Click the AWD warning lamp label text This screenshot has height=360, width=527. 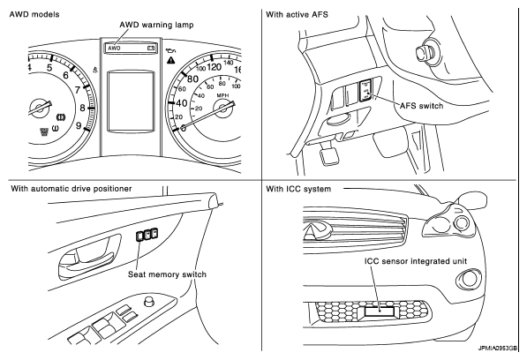tap(156, 25)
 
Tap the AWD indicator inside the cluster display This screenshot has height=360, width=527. tap(114, 49)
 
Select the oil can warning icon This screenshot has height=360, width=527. tap(171, 51)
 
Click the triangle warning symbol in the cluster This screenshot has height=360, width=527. tap(171, 61)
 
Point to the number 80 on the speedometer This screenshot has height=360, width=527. tap(192, 79)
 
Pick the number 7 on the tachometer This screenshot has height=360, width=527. tap(78, 90)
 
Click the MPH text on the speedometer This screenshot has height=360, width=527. tap(222, 95)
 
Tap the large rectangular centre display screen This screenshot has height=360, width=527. tap(131, 101)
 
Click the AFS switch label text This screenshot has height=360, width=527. tap(421, 106)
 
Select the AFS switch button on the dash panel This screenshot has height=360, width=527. tap(366, 90)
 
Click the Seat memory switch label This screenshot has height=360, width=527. tap(167, 274)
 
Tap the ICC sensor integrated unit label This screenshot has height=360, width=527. tap(416, 261)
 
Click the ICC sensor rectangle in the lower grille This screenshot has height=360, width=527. tap(380, 311)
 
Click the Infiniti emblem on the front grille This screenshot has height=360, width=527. tap(317, 231)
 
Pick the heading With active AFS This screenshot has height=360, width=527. tap(297, 14)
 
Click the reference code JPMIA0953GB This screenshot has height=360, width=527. tap(498, 349)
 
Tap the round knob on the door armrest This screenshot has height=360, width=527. tap(149, 301)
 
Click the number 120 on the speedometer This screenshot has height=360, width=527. tap(215, 67)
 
